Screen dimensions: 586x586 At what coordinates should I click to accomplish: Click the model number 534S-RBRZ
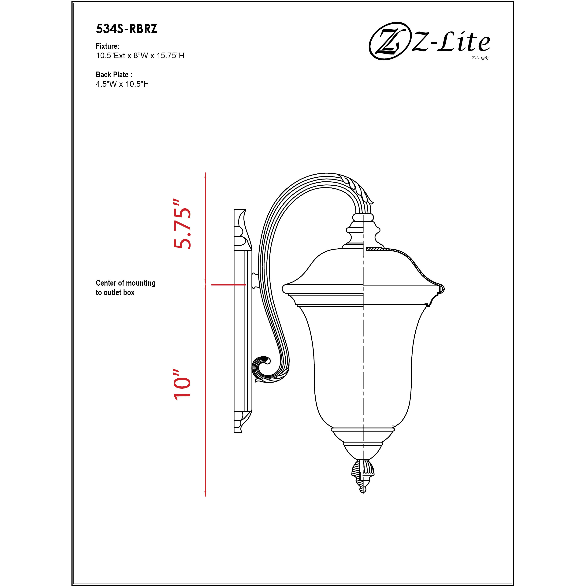[127, 29]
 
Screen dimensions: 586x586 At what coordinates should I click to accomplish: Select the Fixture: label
[107, 46]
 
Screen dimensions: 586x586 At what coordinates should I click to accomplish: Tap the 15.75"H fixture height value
[170, 56]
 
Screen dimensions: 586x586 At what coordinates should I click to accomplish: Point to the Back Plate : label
[114, 75]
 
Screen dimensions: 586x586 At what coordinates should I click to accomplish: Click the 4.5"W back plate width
[106, 84]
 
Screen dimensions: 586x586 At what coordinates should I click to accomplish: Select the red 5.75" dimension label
[183, 224]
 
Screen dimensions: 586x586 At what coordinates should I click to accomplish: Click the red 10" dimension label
[183, 384]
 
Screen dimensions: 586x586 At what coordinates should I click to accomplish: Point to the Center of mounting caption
[126, 283]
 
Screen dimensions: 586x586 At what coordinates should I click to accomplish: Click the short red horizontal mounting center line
[228, 285]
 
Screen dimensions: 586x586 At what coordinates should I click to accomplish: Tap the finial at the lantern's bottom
[363, 476]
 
